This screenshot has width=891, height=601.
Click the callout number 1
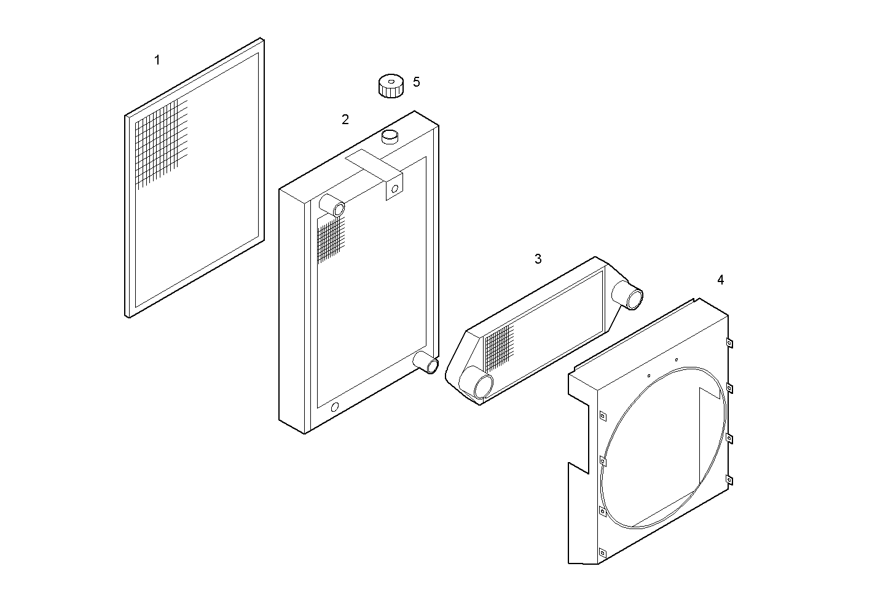[x=157, y=60]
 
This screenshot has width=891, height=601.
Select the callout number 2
[x=345, y=119]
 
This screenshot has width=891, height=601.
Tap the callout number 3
[x=538, y=259]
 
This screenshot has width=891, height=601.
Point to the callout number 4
[x=720, y=280]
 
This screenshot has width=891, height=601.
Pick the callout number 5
[x=417, y=82]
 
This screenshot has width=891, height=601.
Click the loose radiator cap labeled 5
[x=390, y=85]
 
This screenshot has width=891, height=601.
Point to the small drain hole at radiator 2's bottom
[x=335, y=407]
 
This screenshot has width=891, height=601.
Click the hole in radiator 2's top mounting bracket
[x=394, y=188]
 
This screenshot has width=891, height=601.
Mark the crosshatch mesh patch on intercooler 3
[x=498, y=347]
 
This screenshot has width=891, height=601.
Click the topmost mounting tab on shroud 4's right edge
[x=729, y=343]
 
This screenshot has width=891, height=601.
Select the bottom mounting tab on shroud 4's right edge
[x=729, y=480]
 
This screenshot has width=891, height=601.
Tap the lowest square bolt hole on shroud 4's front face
[x=602, y=552]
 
